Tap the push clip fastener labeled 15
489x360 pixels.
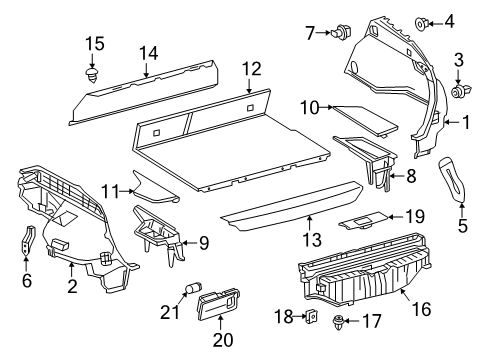click(x=93, y=74)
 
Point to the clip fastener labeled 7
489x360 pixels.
click(x=344, y=33)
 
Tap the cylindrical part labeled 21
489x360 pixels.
click(x=187, y=293)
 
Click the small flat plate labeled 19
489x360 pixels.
click(x=361, y=218)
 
